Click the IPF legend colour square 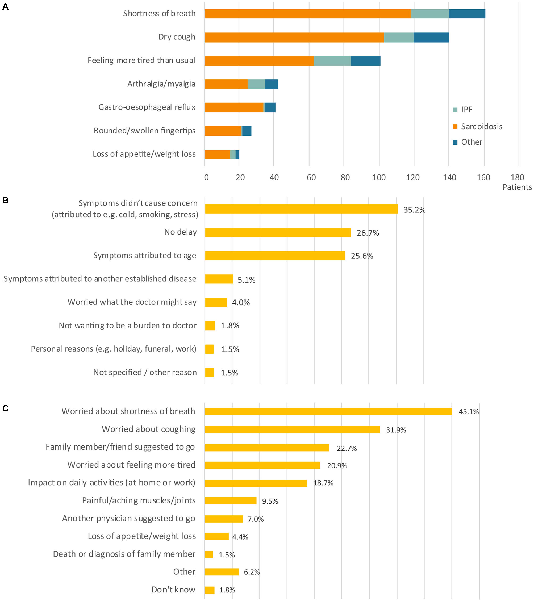455,110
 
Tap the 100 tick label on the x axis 379,177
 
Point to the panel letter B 5,201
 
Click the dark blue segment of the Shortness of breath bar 467,14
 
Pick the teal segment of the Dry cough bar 399,37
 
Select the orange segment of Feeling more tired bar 259,61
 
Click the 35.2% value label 414,210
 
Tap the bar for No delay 278,232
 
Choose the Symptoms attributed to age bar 275,256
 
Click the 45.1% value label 469,412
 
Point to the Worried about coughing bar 292,429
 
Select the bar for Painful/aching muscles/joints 231,501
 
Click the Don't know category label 173,590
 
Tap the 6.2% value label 252,572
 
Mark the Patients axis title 517,187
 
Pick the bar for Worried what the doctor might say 216,302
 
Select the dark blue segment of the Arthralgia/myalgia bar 271,84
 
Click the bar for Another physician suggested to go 224,519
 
